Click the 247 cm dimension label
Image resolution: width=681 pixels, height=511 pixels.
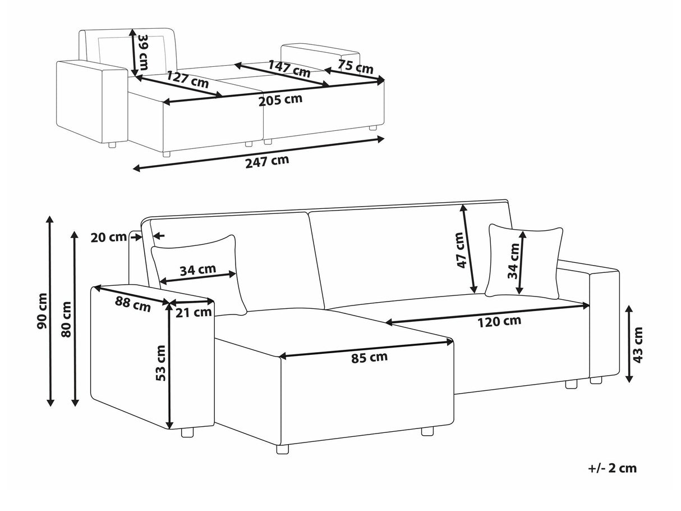[x=267, y=161]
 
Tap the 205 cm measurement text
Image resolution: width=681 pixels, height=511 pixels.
[x=280, y=99]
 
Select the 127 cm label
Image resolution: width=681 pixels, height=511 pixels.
[x=188, y=80]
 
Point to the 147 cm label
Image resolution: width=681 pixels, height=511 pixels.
[x=289, y=69]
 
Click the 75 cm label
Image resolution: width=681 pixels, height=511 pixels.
[x=355, y=66]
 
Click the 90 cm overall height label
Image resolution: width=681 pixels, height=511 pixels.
[x=42, y=311]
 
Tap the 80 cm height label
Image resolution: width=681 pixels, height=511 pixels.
[x=66, y=319]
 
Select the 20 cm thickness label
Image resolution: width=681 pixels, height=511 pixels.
[x=109, y=237]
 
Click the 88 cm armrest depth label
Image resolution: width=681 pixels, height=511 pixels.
[x=133, y=304]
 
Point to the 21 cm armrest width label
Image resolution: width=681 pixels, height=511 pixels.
[x=194, y=313]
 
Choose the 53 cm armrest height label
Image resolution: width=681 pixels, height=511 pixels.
[x=160, y=363]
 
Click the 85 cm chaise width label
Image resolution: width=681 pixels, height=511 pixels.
[x=370, y=357]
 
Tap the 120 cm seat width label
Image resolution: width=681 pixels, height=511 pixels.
[x=499, y=321]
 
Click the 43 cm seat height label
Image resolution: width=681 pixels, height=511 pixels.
[x=638, y=345]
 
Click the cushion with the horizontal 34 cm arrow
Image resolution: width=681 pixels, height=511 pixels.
[x=199, y=273]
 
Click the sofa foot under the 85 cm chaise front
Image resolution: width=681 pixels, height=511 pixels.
[x=282, y=449]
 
